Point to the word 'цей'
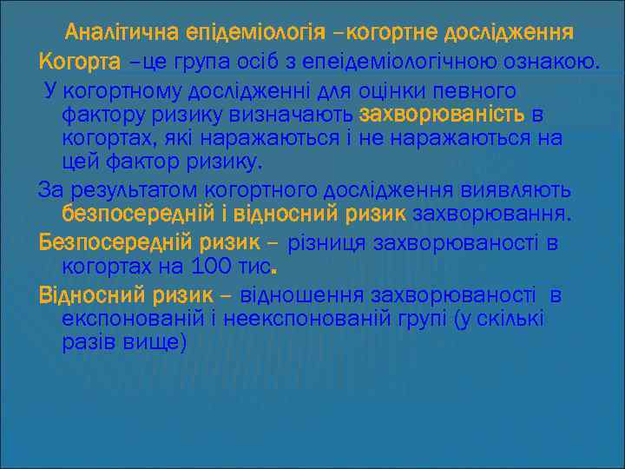(82, 162)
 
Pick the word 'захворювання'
(491, 214)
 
